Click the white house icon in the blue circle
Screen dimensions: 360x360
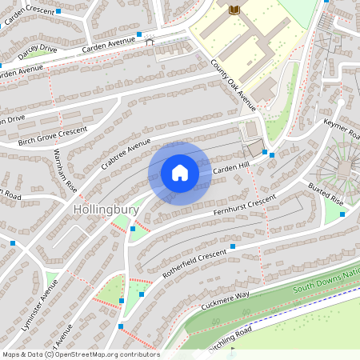coord(179,172)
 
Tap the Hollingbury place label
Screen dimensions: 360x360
coord(106,210)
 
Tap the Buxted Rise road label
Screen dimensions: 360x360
coord(325,195)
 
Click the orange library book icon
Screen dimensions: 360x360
coord(234,9)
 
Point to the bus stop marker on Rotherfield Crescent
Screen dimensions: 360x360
coord(233,247)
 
